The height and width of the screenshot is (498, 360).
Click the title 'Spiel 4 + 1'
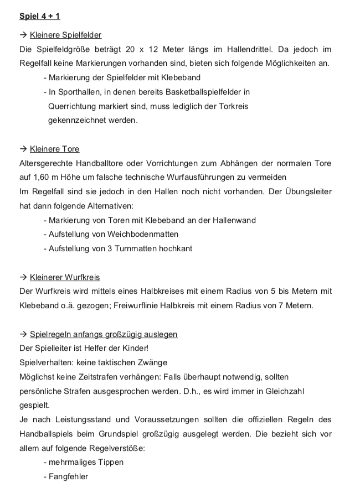pos(39,16)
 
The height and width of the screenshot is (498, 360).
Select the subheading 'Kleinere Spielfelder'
pos(65,35)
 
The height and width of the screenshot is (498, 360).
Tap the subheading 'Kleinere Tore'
pos(54,149)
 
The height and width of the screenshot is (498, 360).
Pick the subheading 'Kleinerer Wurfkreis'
pos(65,277)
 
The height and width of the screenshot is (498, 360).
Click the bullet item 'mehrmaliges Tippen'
pos(83,462)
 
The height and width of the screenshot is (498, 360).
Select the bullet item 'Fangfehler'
pos(68,476)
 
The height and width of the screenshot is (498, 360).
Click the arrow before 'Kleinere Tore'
pos(23,149)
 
